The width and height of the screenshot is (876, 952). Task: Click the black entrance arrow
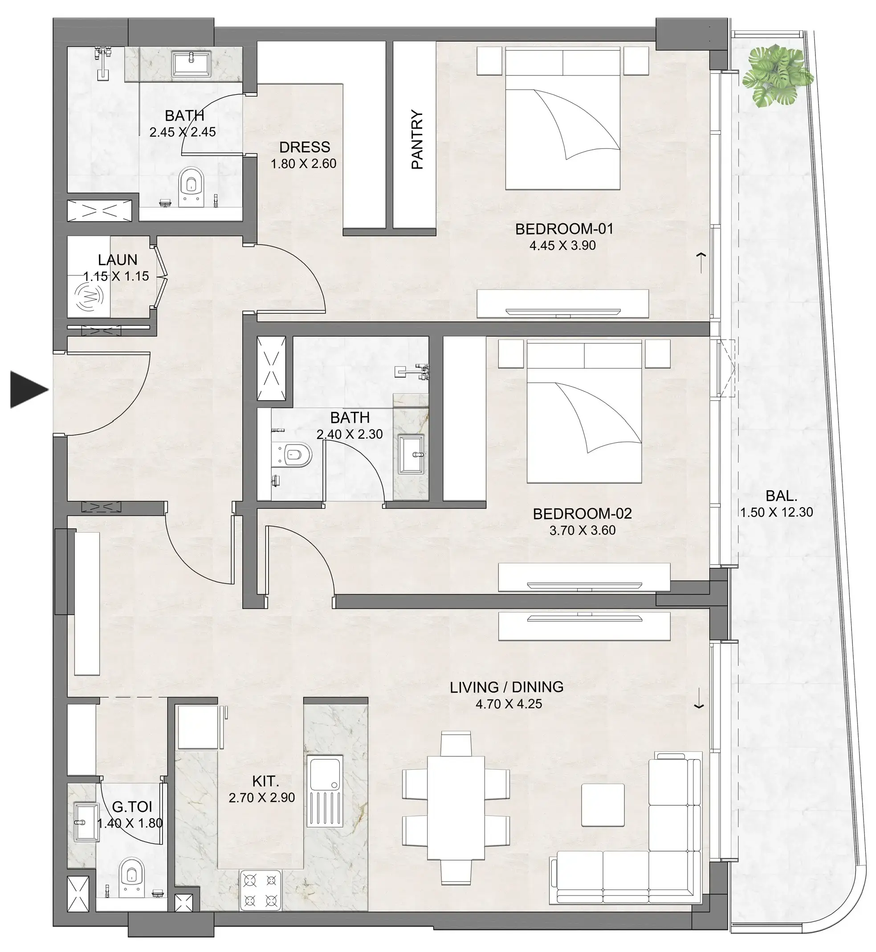pyautogui.click(x=29, y=390)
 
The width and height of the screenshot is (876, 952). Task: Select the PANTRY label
pyautogui.click(x=417, y=140)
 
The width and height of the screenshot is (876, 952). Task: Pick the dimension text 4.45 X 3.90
pyautogui.click(x=562, y=246)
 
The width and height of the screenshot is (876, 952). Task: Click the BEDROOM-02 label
pyautogui.click(x=582, y=514)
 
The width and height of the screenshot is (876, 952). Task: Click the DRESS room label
pyautogui.click(x=304, y=147)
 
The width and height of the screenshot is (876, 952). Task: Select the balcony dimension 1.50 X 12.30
pyautogui.click(x=776, y=512)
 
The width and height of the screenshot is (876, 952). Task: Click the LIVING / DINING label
pyautogui.click(x=506, y=687)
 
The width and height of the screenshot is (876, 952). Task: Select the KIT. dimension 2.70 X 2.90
pyautogui.click(x=262, y=797)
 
